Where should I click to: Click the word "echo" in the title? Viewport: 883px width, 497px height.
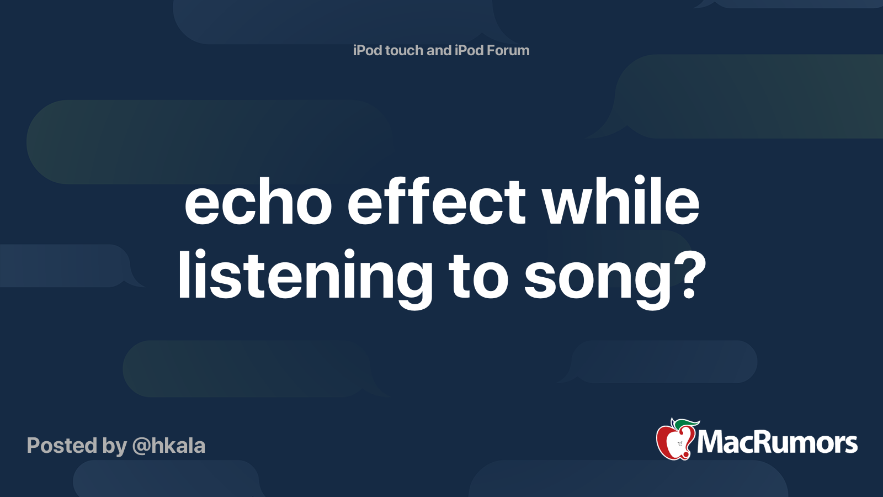coord(258,203)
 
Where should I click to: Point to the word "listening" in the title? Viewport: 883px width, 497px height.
coord(305,276)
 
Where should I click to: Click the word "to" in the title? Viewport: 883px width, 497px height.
coord(478,276)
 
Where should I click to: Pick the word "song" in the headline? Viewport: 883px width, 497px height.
coord(598,278)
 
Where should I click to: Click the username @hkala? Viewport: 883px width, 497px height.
coord(169,446)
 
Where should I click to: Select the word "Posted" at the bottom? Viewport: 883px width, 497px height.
coord(62,446)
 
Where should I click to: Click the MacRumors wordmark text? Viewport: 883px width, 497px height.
coord(777,442)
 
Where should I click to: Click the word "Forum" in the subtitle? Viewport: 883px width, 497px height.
coord(508,50)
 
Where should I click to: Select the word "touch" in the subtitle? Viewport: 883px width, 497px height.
coord(404,50)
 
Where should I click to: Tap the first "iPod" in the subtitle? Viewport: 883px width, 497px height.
coord(368,50)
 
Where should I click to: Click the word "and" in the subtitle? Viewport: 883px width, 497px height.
coord(439,50)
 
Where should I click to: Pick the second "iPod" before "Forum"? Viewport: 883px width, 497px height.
coord(469,50)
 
